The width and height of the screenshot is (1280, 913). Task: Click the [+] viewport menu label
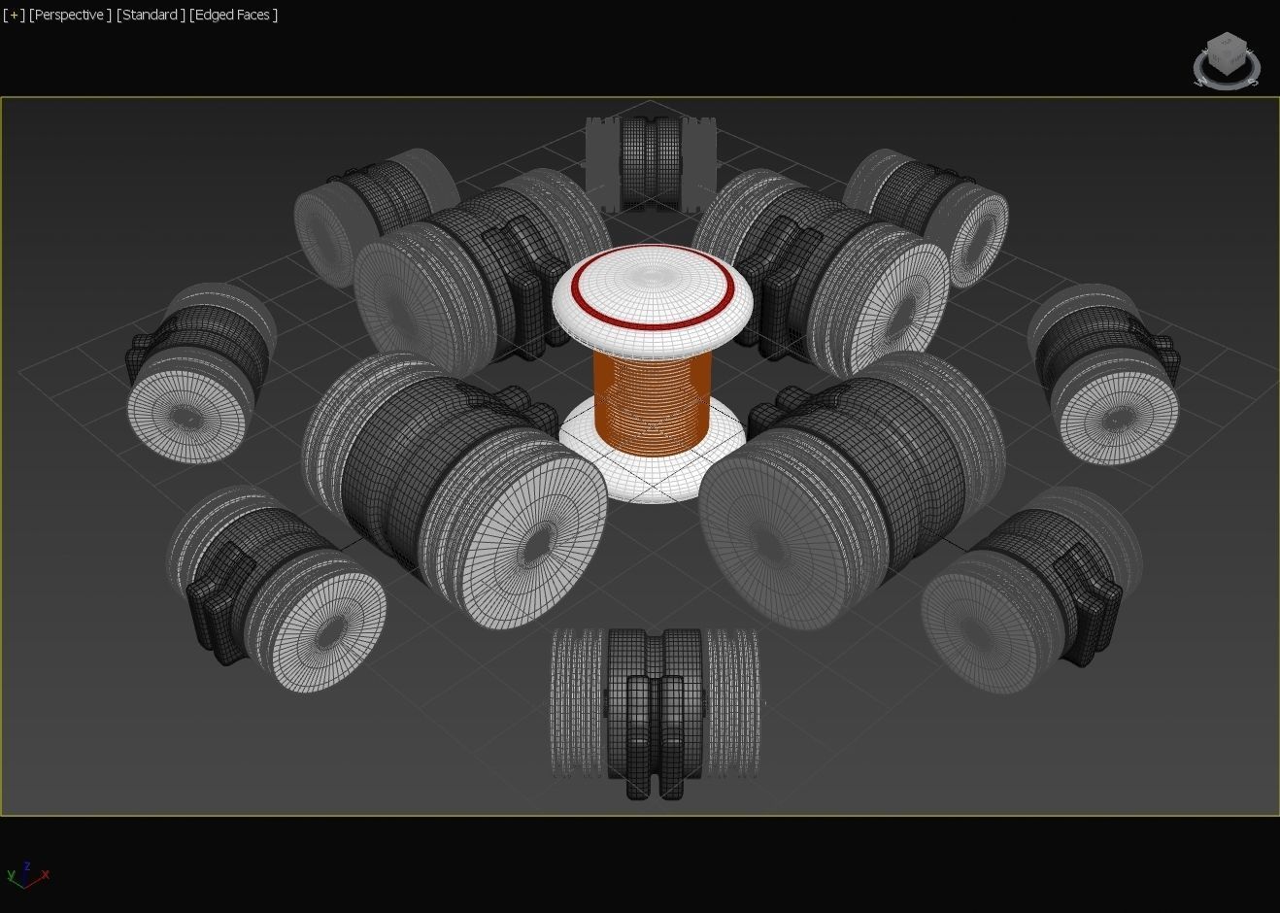[14, 15]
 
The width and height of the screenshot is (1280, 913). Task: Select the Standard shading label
[151, 15]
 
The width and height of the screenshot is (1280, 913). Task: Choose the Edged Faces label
[233, 15]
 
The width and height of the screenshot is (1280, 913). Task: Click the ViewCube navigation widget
[1227, 59]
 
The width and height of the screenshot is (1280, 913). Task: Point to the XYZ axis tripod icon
[27, 874]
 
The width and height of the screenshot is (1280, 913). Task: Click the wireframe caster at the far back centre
[650, 162]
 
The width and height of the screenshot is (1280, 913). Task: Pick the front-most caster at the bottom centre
[654, 714]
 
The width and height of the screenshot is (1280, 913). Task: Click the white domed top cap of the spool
[652, 282]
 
